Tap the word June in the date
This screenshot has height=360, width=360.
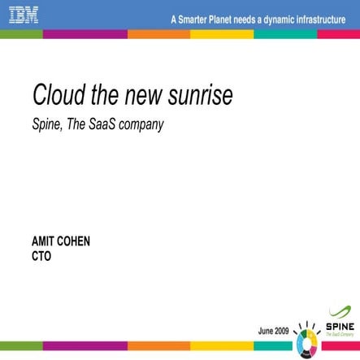pos(267,332)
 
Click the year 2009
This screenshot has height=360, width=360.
pos(283,332)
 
